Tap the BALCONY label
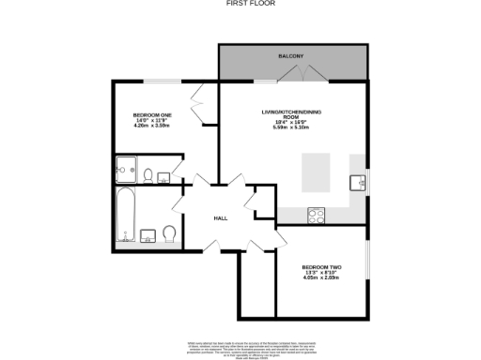pos(290,56)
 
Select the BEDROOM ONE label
pos(152,114)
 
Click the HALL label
pos(221,217)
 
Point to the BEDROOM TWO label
pos(321,268)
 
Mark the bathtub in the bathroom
pos(124,217)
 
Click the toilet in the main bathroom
pos(170,232)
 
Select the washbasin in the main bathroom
pos(149,233)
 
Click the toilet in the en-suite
pos(148,173)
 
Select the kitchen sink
pos(358,182)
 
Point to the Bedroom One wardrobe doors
pos(200,105)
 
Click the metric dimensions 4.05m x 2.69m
pos(321,278)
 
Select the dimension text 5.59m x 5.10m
pos(291,127)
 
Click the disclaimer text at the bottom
pos(240,348)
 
